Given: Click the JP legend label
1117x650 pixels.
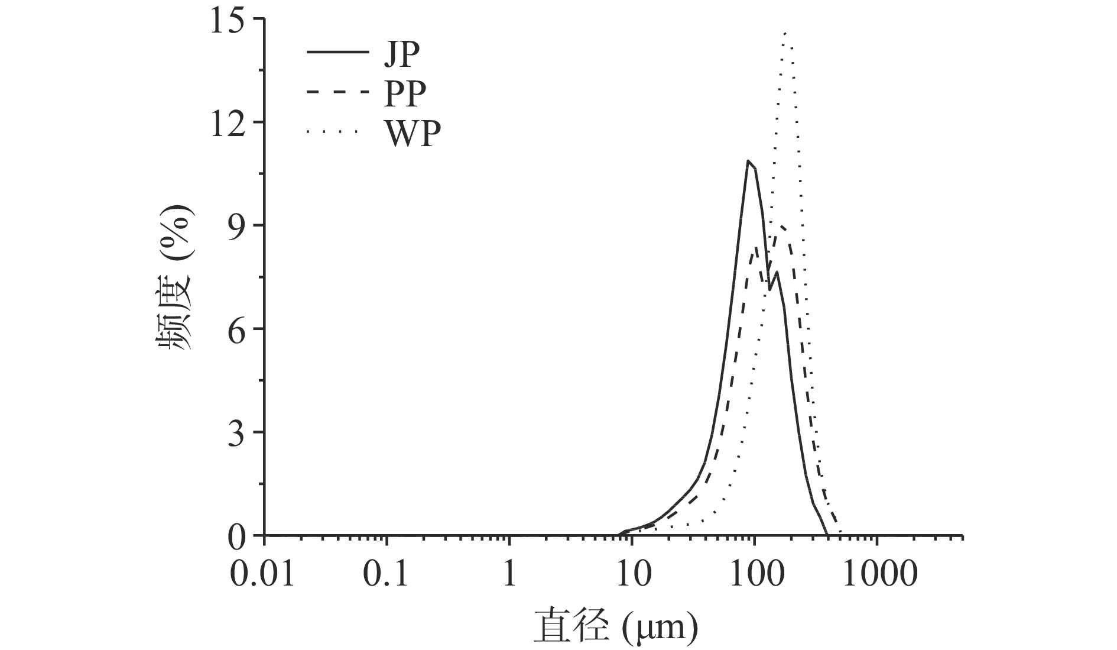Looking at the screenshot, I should click(x=402, y=56).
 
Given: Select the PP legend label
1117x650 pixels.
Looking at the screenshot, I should click(x=405, y=93).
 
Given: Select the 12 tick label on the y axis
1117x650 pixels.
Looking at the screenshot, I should click(x=231, y=122).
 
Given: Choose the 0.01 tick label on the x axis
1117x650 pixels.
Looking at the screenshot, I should click(x=262, y=573).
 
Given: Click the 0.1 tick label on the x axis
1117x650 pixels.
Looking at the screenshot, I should click(x=386, y=573).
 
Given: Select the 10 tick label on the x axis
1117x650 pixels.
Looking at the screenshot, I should click(x=632, y=573).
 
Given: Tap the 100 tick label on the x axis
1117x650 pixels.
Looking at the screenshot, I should click(x=754, y=573).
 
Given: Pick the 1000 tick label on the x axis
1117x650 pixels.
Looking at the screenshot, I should click(x=879, y=573).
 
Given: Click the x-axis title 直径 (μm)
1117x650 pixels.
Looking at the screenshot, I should click(x=616, y=627).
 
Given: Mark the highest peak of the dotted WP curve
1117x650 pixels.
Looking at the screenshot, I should click(x=785, y=34).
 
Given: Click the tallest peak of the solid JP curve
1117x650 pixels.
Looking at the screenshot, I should click(x=749, y=161).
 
